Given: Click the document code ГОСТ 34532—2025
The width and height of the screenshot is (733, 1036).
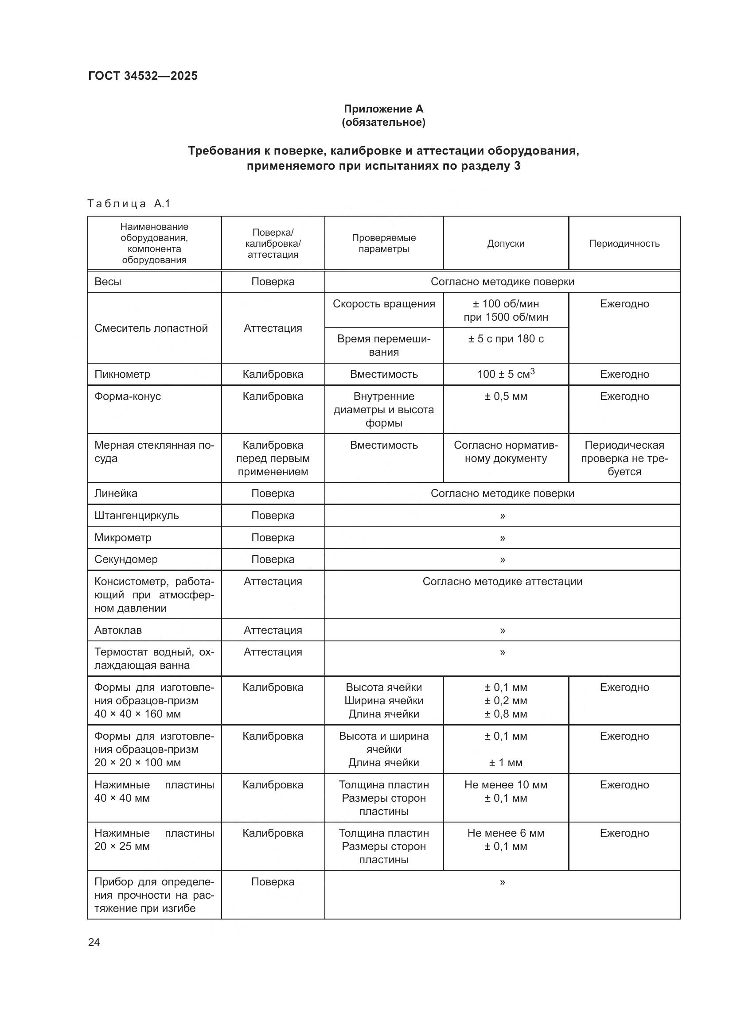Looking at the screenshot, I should coord(143,76).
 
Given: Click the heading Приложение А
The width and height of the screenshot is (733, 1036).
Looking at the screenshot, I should coord(383,109).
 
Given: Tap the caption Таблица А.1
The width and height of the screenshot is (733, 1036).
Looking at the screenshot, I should coord(129,204).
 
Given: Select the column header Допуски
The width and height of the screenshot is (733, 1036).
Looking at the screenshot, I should coord(506,244).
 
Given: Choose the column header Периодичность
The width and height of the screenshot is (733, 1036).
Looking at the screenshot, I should coord(624,244).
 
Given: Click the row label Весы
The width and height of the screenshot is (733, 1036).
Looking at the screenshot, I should coord(108,282).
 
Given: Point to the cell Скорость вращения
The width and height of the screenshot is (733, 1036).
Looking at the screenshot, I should coord(384,304).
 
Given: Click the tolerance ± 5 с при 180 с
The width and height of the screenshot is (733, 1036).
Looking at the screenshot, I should coord(506,339).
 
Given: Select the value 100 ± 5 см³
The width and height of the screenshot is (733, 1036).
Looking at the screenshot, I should coord(506,374).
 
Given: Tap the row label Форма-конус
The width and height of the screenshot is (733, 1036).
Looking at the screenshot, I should coord(128,396).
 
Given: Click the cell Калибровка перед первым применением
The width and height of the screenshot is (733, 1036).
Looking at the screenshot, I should coord(273,458).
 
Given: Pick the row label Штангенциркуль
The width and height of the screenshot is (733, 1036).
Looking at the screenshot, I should coord(136,515).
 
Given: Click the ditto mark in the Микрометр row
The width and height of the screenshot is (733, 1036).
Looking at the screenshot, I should coord(503,538).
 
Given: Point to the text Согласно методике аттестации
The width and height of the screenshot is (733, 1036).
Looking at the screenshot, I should coord(503,582).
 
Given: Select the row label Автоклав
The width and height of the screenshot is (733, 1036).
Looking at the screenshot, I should coord(118,630).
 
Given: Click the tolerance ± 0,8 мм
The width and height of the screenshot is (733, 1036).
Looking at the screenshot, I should coord(506,714).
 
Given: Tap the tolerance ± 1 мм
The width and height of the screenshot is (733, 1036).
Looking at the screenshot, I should coord(506,763).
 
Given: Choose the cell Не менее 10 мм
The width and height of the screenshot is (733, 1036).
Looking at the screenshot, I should coord(506,785).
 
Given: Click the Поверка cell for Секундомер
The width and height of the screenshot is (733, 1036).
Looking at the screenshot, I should coord(273,559).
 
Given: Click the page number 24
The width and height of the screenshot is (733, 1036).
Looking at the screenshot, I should coord(94,943).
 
